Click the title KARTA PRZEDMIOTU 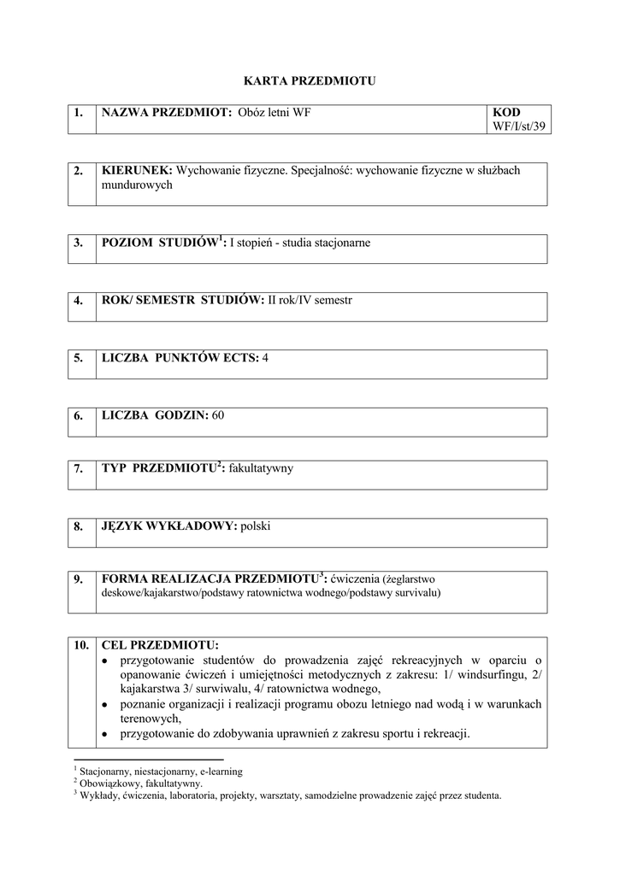pyautogui.click(x=310, y=81)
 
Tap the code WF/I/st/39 pyautogui.click(x=519, y=126)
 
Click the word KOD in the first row pyautogui.click(x=506, y=113)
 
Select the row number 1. pyautogui.click(x=79, y=113)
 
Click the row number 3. pyautogui.click(x=79, y=243)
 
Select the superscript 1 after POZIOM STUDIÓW pyautogui.click(x=220, y=238)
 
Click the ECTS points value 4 pyautogui.click(x=265, y=358)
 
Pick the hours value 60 pyautogui.click(x=217, y=415)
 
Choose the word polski pyautogui.click(x=256, y=526)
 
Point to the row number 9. pyautogui.click(x=79, y=578)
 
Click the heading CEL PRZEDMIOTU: pyautogui.click(x=160, y=644)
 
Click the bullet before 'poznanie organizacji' pyautogui.click(x=104, y=704)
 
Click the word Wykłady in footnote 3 pyautogui.click(x=99, y=796)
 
